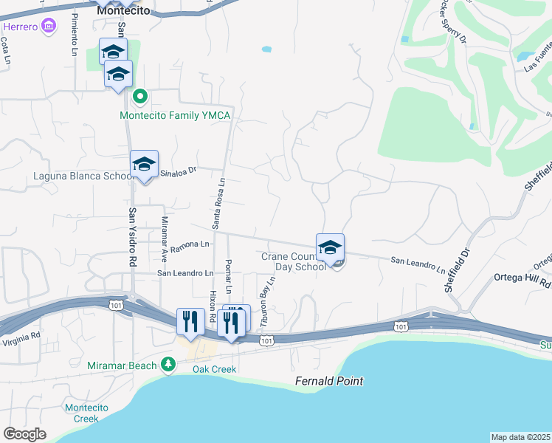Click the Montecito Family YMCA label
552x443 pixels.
(176, 116)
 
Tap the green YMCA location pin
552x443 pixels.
(140, 97)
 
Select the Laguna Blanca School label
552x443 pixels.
(82, 176)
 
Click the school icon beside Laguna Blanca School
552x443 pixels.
(144, 165)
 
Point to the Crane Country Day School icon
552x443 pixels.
(330, 247)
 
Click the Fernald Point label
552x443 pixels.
(329, 381)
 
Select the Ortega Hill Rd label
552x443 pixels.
(524, 281)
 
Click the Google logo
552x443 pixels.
(24, 434)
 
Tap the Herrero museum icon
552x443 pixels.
(49, 27)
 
